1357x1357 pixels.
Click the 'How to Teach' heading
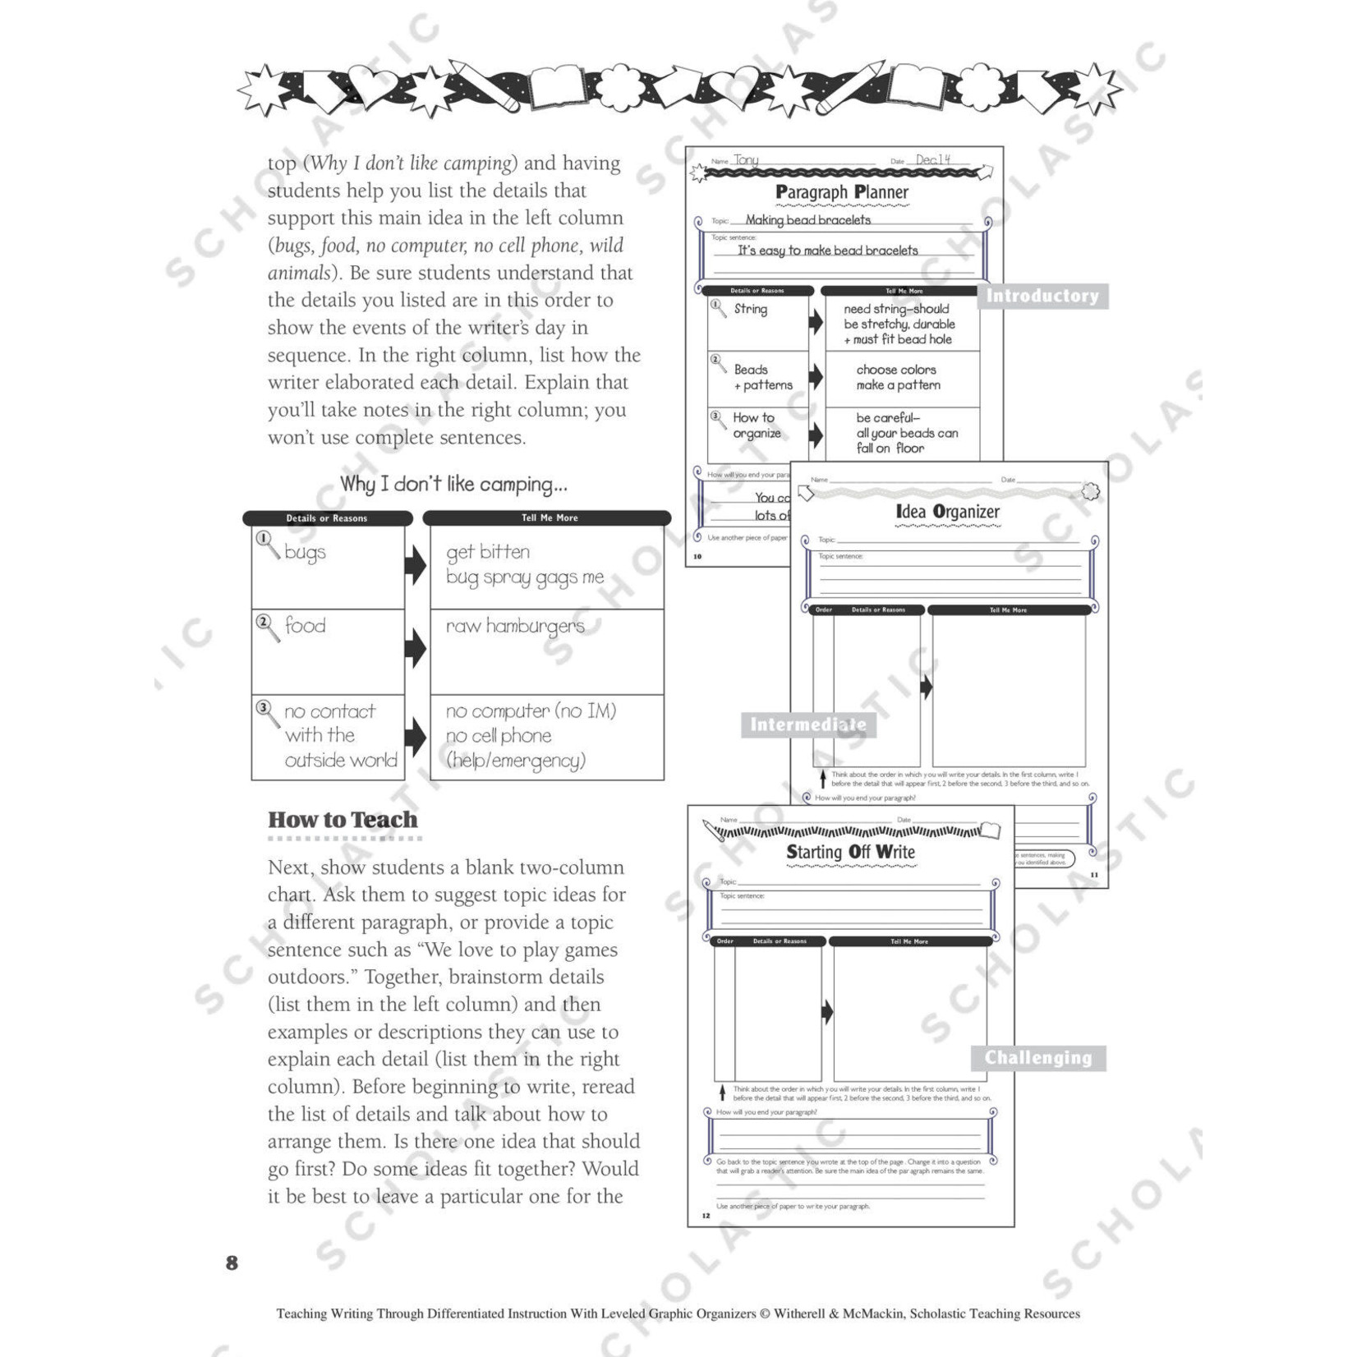point(343,820)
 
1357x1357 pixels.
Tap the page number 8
point(232,1263)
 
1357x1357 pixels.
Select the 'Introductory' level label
point(1042,296)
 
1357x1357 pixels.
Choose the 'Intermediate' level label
point(807,724)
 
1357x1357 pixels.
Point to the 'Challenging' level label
point(1038,1058)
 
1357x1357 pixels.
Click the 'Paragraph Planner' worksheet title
point(842,192)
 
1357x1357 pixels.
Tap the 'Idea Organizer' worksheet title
point(947,512)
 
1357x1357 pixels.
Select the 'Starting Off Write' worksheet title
point(850,852)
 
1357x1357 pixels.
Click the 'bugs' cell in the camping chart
point(305,552)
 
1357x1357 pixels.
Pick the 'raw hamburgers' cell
point(515,626)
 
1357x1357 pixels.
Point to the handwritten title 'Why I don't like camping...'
point(453,484)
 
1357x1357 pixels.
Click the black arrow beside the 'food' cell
point(416,649)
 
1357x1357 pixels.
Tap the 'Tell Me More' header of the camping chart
point(550,518)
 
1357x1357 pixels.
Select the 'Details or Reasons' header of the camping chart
point(327,518)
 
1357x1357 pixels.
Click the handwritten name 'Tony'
point(746,160)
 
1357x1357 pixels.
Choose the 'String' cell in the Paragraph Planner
point(750,309)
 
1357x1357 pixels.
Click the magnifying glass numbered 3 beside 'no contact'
point(266,711)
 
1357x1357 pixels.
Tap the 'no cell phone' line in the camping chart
point(499,736)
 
